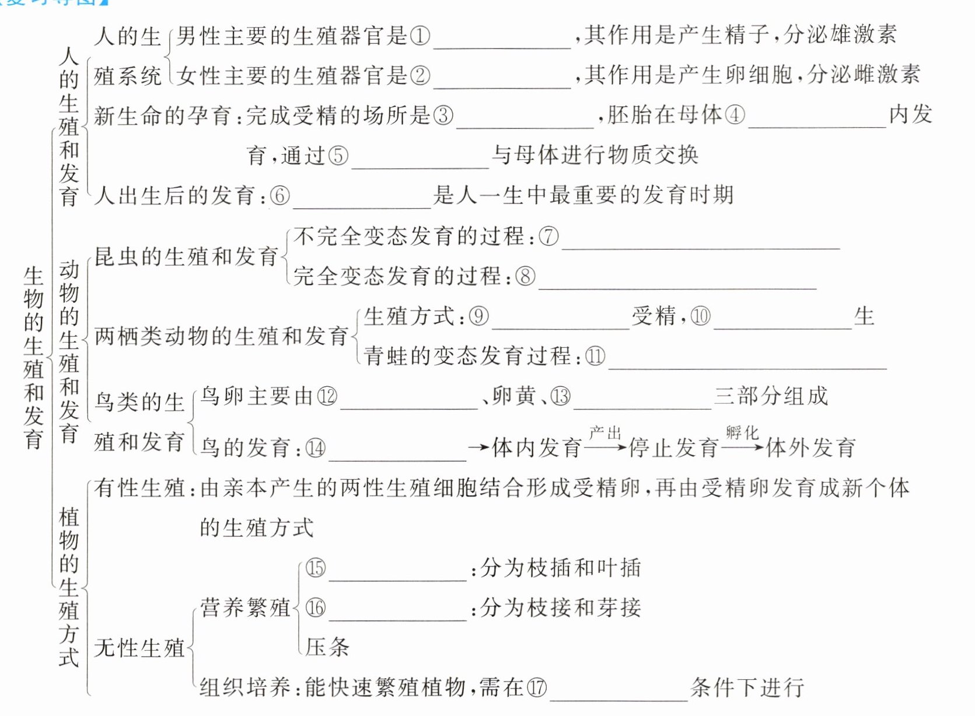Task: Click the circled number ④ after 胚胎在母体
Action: click(x=735, y=114)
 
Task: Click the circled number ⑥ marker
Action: click(x=279, y=195)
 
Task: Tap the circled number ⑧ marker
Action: click(x=525, y=276)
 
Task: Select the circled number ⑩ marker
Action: click(x=700, y=316)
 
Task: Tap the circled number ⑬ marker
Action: click(x=560, y=397)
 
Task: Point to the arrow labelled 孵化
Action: click(x=742, y=447)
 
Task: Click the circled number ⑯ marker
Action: click(x=316, y=608)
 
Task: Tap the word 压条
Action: click(x=327, y=647)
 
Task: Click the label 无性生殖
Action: click(x=139, y=648)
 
